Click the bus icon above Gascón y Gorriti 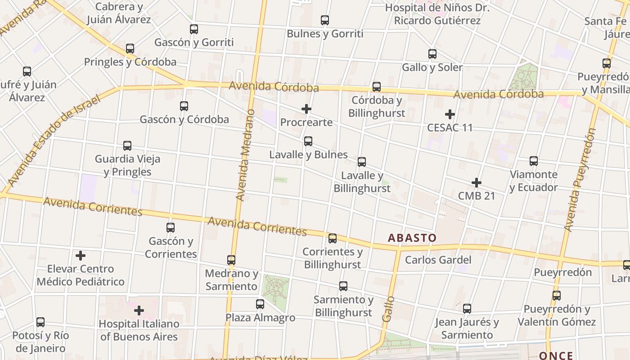coord(194,29)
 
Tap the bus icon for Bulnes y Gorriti coord(325,20)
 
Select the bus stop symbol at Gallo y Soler coord(432,54)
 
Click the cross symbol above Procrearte coord(306,109)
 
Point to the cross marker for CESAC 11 coord(450,114)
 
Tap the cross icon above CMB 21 coord(477,183)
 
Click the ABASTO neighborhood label coord(412,238)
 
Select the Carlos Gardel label coord(438,260)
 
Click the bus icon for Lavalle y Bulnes coord(308,141)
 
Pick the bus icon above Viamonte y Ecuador coord(534,161)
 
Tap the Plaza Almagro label coord(260,318)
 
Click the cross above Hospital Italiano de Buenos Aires coord(139,310)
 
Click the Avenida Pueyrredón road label coord(580,180)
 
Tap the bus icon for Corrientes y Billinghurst coord(333,238)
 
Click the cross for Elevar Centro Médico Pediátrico coord(81,256)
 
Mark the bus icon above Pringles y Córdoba coord(130,49)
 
